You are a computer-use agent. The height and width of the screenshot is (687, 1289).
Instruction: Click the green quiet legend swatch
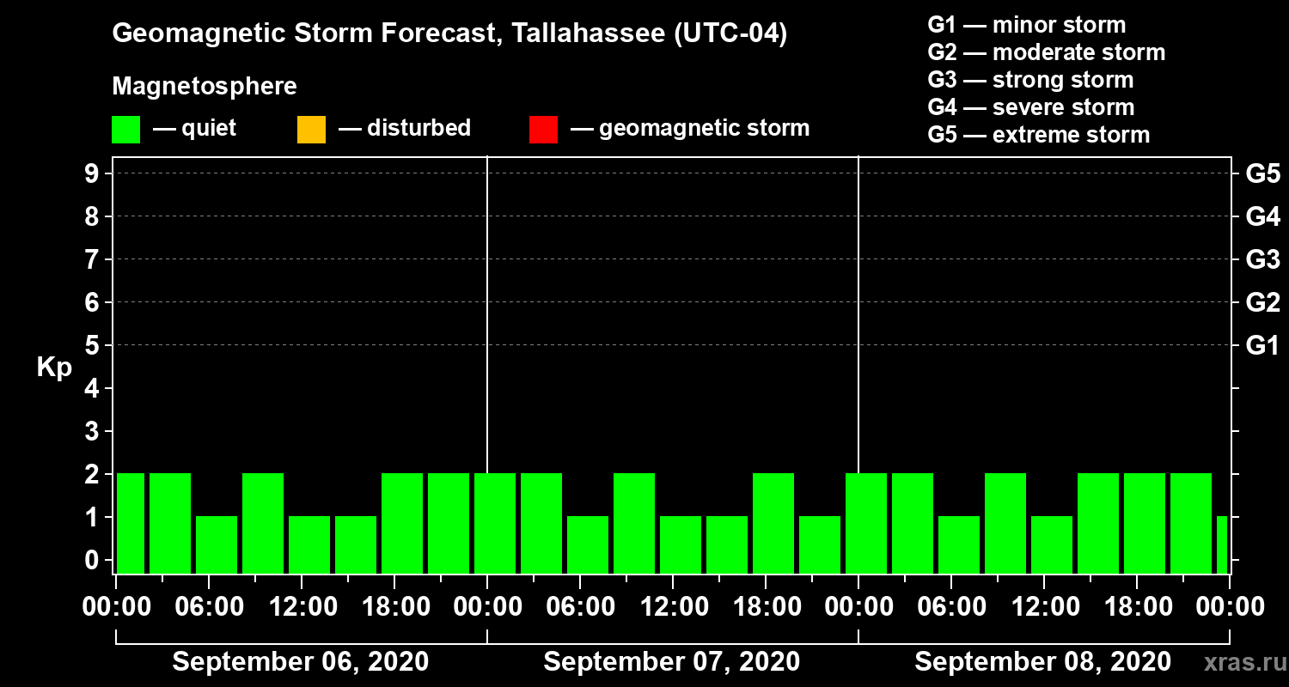pos(125,129)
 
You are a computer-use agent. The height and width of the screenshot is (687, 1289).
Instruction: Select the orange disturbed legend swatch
pos(311,129)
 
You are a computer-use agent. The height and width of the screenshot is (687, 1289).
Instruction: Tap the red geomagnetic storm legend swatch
pos(543,129)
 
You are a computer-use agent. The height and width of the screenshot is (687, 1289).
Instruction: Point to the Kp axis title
pos(54,368)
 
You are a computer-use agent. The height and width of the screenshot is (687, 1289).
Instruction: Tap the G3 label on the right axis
pos(1262,259)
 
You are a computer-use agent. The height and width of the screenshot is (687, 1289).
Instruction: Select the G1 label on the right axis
pos(1262,346)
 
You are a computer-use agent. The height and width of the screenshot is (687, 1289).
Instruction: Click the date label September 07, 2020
pos(672,662)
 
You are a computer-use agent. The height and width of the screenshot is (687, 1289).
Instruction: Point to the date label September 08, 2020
pos(1042,662)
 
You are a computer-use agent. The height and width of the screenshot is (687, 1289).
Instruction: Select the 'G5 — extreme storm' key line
pos(1038,135)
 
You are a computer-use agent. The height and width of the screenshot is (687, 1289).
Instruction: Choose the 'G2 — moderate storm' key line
pos(1046,52)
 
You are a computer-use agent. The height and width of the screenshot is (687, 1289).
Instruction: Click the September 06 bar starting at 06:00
pos(217,544)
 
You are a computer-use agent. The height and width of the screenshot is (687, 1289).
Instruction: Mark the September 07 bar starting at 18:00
pos(773,522)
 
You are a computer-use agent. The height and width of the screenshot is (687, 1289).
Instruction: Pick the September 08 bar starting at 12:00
pos(1052,544)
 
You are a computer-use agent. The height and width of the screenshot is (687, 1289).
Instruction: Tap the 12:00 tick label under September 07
pos(673,607)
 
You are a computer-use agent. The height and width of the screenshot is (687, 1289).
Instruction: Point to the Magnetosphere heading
pos(205,87)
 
